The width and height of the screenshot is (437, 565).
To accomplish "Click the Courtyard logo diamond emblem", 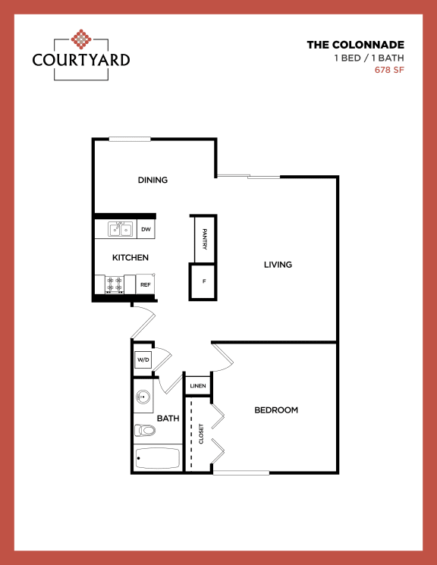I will (81, 38).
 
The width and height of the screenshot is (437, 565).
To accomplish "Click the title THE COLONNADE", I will (355, 45).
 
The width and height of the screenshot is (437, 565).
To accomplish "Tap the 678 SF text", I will (389, 71).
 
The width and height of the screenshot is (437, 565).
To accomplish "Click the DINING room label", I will (152, 180).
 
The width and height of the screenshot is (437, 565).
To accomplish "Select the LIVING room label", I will (278, 265).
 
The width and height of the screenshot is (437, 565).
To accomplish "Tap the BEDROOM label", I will (275, 410).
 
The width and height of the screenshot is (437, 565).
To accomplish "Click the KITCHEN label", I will (130, 258).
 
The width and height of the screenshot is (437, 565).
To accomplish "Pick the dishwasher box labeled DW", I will (146, 229).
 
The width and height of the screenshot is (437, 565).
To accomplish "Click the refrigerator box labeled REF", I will (145, 284).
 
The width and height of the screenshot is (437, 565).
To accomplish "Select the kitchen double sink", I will (119, 229).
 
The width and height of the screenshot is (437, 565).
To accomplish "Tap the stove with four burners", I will (115, 284).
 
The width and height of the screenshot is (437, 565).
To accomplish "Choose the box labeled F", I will (203, 281).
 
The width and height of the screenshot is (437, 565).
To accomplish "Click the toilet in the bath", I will (144, 431).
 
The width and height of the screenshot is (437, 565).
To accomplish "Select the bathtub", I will (157, 458).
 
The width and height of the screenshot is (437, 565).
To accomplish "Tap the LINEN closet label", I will (197, 386).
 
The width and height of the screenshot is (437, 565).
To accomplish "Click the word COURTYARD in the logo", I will (81, 59).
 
